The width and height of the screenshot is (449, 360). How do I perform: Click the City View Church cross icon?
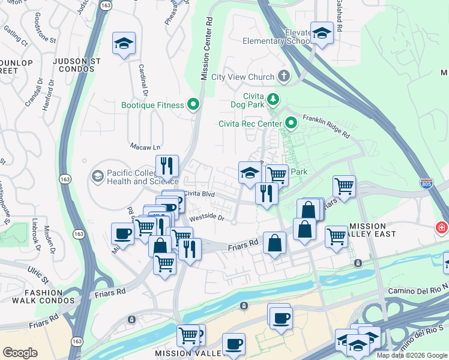coord(283,77)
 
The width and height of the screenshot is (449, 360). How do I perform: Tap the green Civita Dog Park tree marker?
coord(273,98)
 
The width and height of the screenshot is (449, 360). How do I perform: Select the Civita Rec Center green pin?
coord(292,124)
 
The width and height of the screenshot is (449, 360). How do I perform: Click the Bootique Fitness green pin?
coord(193,105)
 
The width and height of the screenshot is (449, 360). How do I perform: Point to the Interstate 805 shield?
coord(426,183)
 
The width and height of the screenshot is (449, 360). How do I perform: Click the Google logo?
coord(20,353)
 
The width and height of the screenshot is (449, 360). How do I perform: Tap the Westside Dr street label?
coord(206,219)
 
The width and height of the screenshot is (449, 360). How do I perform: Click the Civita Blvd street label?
coord(199,194)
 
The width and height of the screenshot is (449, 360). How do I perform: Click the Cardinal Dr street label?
coord(143,80)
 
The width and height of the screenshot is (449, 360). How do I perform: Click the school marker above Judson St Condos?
coord(124,44)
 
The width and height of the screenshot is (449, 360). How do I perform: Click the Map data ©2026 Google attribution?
coord(411,355)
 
